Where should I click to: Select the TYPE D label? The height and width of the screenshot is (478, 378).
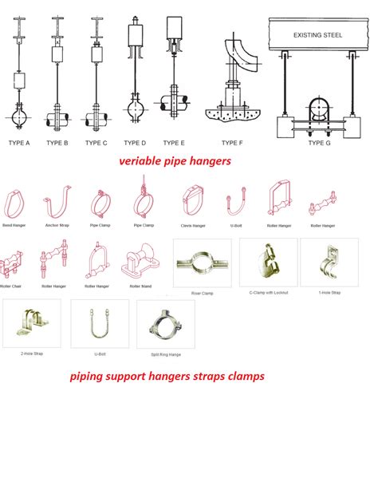tap(136, 143)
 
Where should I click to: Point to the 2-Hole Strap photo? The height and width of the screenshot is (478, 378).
tap(30, 322)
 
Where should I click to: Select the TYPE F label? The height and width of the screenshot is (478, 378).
tap(232, 143)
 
